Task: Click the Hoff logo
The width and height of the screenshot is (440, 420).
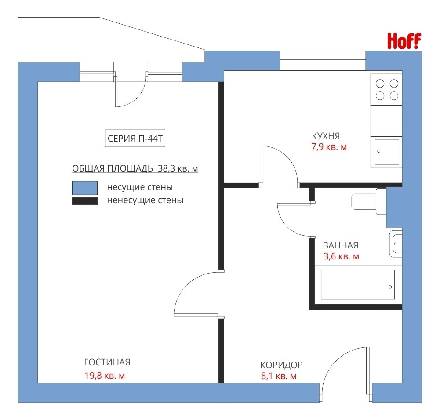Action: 404,41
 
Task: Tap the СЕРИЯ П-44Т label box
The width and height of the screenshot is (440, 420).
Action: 135,139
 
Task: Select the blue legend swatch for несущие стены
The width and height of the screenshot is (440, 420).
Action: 85,188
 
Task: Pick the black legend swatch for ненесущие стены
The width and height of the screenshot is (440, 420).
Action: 85,201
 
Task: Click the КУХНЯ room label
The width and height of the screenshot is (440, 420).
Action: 326,136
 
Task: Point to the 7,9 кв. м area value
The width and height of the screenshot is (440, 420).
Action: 329,147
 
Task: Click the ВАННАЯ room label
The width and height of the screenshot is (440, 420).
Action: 341,245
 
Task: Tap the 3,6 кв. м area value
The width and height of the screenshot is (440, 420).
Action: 341,256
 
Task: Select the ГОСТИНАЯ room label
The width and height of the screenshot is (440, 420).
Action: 107,362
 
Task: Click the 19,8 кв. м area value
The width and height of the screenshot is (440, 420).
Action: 105,375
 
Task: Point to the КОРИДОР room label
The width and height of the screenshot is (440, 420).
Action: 281,365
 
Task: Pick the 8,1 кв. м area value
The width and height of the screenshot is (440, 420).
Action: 279,376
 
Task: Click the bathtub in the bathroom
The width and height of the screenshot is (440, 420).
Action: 358,285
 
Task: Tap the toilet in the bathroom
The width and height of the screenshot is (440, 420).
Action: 369,201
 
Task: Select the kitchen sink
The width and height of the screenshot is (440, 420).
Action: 386,152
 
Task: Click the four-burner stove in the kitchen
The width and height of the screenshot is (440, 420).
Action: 386,90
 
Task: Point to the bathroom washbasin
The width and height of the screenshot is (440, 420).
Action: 396,244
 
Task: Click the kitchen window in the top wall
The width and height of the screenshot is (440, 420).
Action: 323,61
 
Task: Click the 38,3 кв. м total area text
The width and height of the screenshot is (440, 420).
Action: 178,168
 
